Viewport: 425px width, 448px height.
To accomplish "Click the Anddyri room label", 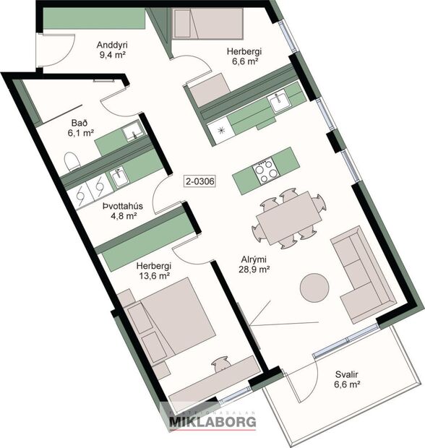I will coord(112,41).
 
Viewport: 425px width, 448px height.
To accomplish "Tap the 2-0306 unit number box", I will coord(199,181).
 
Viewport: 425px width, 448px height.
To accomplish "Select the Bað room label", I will coord(80,122).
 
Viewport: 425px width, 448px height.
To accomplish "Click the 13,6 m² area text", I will coord(153,275).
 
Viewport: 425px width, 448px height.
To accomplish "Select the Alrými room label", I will coord(254,259).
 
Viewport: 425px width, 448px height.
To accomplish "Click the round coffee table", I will coord(314,287).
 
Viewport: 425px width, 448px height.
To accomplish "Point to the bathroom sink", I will coord(131,132).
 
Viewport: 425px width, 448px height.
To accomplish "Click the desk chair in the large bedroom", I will coord(221,366).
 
